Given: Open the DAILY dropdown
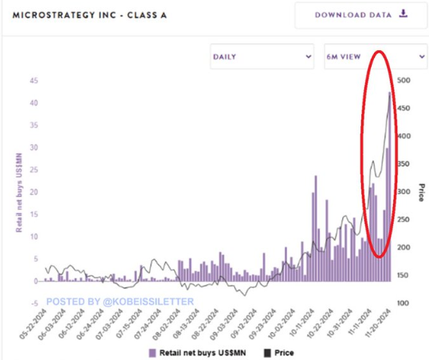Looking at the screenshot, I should (x=262, y=57).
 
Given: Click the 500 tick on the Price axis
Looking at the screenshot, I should (x=404, y=81).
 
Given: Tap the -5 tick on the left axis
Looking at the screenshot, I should (x=34, y=303).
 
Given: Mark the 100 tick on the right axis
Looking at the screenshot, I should (x=404, y=303).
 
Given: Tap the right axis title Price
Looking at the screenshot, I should (x=420, y=192).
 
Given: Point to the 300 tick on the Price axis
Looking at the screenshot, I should (x=404, y=192).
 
